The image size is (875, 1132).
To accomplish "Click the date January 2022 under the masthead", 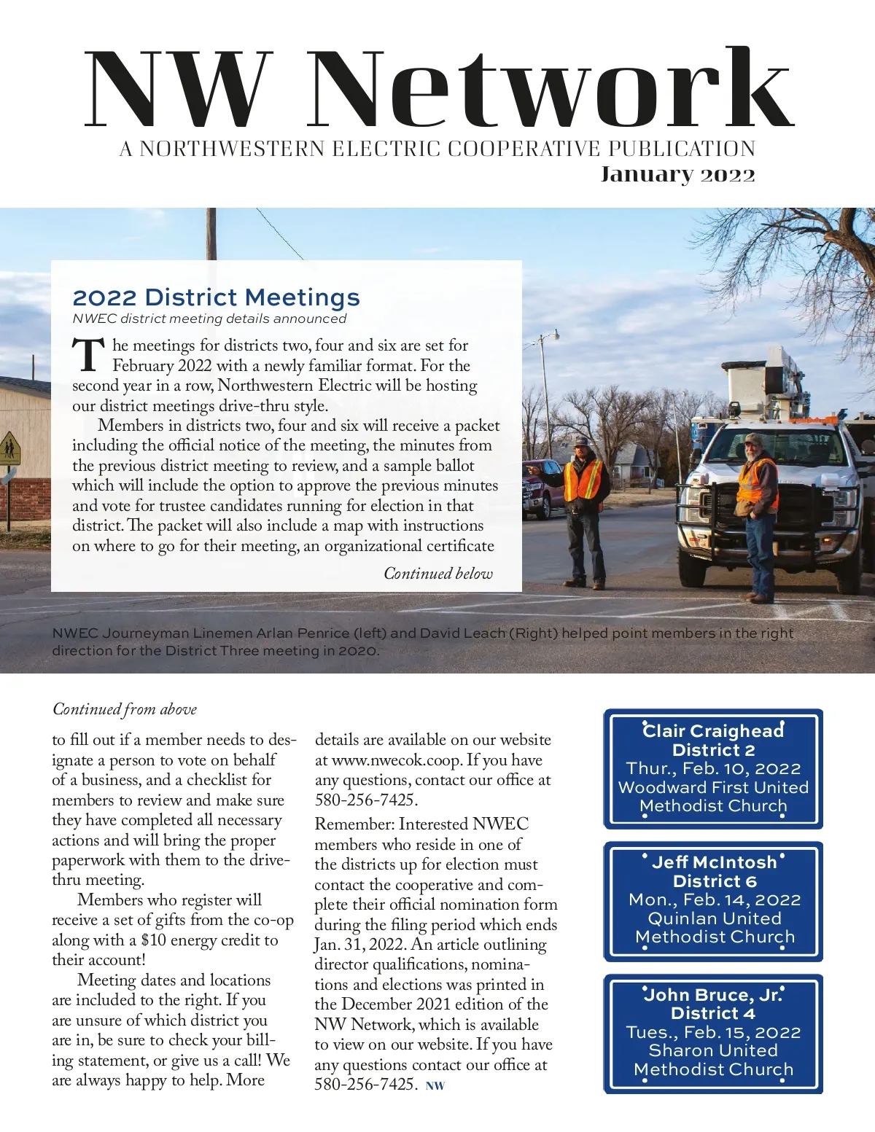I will coord(677,175).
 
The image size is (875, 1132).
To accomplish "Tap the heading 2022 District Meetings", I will coord(216,297).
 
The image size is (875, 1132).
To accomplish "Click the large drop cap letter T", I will coord(88,355).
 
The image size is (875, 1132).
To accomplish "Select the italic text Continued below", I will coord(438,574).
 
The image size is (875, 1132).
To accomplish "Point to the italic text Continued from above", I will coord(125,709).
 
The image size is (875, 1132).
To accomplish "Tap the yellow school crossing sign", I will coord(9,448).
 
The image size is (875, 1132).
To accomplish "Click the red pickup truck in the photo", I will coord(540,488).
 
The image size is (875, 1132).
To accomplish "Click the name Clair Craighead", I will coord(713,731).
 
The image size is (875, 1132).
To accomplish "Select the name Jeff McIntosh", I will coord(714,862).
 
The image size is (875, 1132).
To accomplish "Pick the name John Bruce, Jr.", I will coord(712,995).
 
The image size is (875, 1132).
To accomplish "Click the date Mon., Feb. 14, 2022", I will coord(714,900).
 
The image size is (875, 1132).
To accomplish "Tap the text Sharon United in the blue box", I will coord(712,1050).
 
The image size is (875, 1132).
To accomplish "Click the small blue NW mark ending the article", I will coord(435,1086).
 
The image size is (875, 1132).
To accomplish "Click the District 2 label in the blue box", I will coord(713,750).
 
